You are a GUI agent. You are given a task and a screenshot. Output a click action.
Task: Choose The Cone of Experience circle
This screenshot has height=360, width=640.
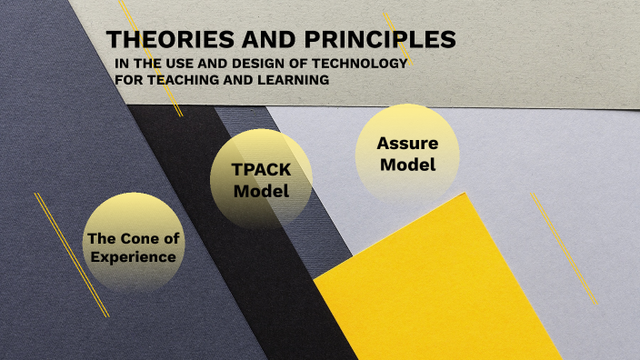pyautogui.click(x=133, y=244)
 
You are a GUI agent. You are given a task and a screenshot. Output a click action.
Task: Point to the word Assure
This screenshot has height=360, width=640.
pyautogui.click(x=408, y=144)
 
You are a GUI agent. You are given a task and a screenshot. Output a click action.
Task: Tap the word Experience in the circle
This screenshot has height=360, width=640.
pyautogui.click(x=133, y=257)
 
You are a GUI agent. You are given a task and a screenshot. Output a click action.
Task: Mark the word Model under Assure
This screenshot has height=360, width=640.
pyautogui.click(x=408, y=165)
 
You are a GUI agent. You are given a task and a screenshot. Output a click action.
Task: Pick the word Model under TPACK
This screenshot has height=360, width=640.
pyautogui.click(x=261, y=192)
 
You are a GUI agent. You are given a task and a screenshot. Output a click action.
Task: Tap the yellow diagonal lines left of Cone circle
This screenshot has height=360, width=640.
pyautogui.click(x=71, y=254)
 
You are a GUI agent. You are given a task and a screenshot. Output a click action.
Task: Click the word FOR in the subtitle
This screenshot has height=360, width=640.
pyautogui.click(x=129, y=80)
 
